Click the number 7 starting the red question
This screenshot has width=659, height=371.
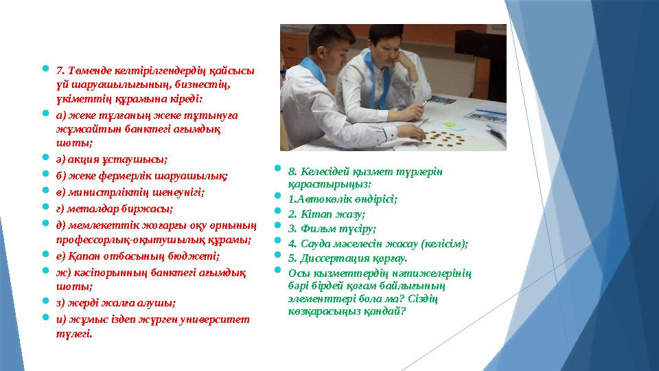pyautogui.click(x=60, y=70)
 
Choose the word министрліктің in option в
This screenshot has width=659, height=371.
pyautogui.click(x=104, y=192)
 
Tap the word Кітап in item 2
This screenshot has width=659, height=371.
pyautogui.click(x=314, y=214)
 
